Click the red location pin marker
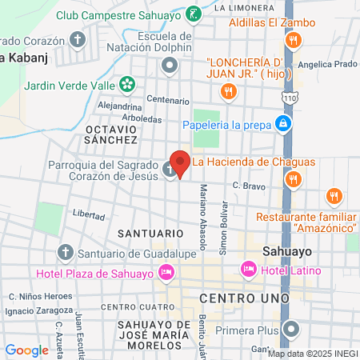tap(180, 163)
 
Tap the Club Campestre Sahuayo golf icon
tap(192, 14)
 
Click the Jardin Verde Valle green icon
tap(126, 84)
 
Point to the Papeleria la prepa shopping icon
tap(282, 123)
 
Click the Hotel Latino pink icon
tap(248, 270)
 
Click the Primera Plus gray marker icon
tap(294, 329)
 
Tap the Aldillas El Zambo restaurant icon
tap(294, 40)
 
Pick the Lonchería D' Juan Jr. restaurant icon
tap(229, 92)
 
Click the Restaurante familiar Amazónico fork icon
tap(334, 196)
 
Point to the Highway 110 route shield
tap(286, 97)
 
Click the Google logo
tap(26, 350)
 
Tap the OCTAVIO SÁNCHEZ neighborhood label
tap(112, 134)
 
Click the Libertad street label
tap(88, 215)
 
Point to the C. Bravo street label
tap(248, 186)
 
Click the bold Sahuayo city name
tap(286, 250)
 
